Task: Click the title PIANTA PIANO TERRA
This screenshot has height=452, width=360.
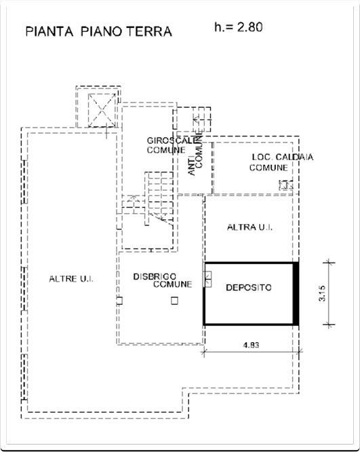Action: pyautogui.click(x=98, y=31)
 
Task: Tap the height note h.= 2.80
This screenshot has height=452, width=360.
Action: pyautogui.click(x=238, y=27)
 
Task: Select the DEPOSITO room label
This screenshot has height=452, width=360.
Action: pyautogui.click(x=249, y=287)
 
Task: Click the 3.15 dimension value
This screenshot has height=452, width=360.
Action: pyautogui.click(x=322, y=293)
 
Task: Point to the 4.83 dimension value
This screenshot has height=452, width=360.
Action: pyautogui.click(x=251, y=345)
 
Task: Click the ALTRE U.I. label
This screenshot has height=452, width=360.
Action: pyautogui.click(x=71, y=279)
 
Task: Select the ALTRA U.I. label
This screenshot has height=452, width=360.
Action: pyautogui.click(x=249, y=227)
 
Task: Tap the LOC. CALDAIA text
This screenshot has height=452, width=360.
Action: pyautogui.click(x=283, y=157)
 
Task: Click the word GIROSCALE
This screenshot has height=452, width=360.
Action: pyautogui.click(x=172, y=140)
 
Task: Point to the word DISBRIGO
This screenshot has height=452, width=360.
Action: pyautogui.click(x=155, y=277)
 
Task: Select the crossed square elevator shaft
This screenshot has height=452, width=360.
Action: pyautogui.click(x=102, y=111)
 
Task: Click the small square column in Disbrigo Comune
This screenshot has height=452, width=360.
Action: pyautogui.click(x=174, y=301)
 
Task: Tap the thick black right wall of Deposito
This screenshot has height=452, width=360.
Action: pyautogui.click(x=296, y=293)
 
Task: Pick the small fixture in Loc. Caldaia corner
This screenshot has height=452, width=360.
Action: pyautogui.click(x=285, y=185)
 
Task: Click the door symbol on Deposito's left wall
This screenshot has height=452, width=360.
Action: pyautogui.click(x=208, y=279)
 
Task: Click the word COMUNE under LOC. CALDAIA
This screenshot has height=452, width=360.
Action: pyautogui.click(x=268, y=168)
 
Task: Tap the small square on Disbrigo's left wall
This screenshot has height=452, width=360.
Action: pyautogui.click(x=119, y=301)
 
